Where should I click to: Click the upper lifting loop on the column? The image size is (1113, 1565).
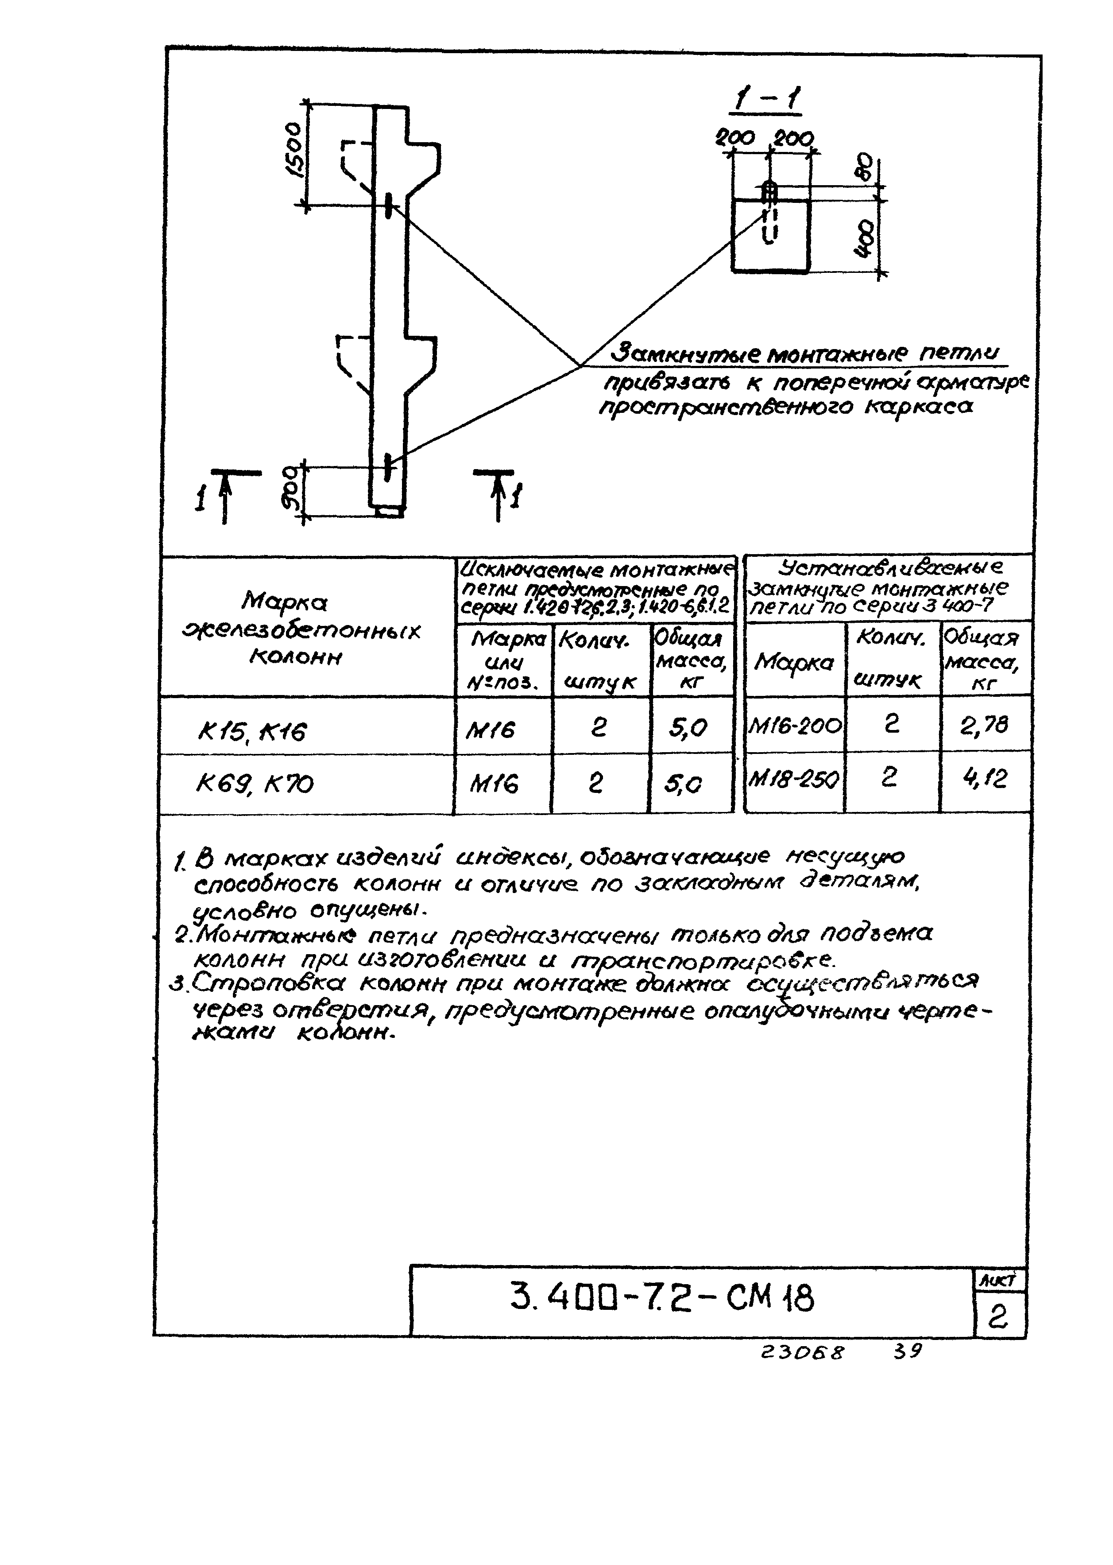click(389, 204)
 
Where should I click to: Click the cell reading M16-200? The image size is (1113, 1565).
click(795, 725)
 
